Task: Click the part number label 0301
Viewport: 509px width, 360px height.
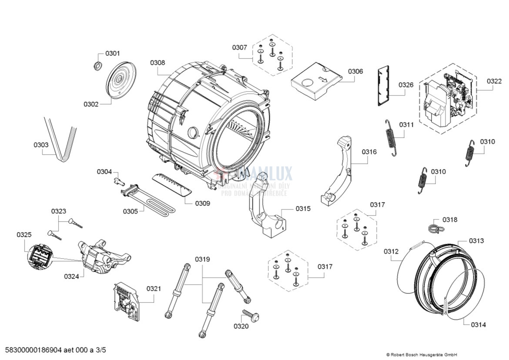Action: tap(113, 53)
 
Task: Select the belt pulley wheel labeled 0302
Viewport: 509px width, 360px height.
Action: tap(119, 80)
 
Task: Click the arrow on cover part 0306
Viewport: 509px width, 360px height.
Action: tap(322, 79)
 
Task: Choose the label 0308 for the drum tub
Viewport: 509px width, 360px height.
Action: tap(157, 63)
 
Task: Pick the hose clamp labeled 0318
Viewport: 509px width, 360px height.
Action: tap(434, 227)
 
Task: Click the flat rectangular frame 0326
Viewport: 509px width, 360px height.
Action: tap(383, 86)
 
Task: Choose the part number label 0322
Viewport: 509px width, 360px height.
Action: tap(494, 81)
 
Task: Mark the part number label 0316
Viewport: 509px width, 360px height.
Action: tap(369, 152)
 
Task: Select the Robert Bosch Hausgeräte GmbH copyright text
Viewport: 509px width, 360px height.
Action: tap(422, 354)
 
